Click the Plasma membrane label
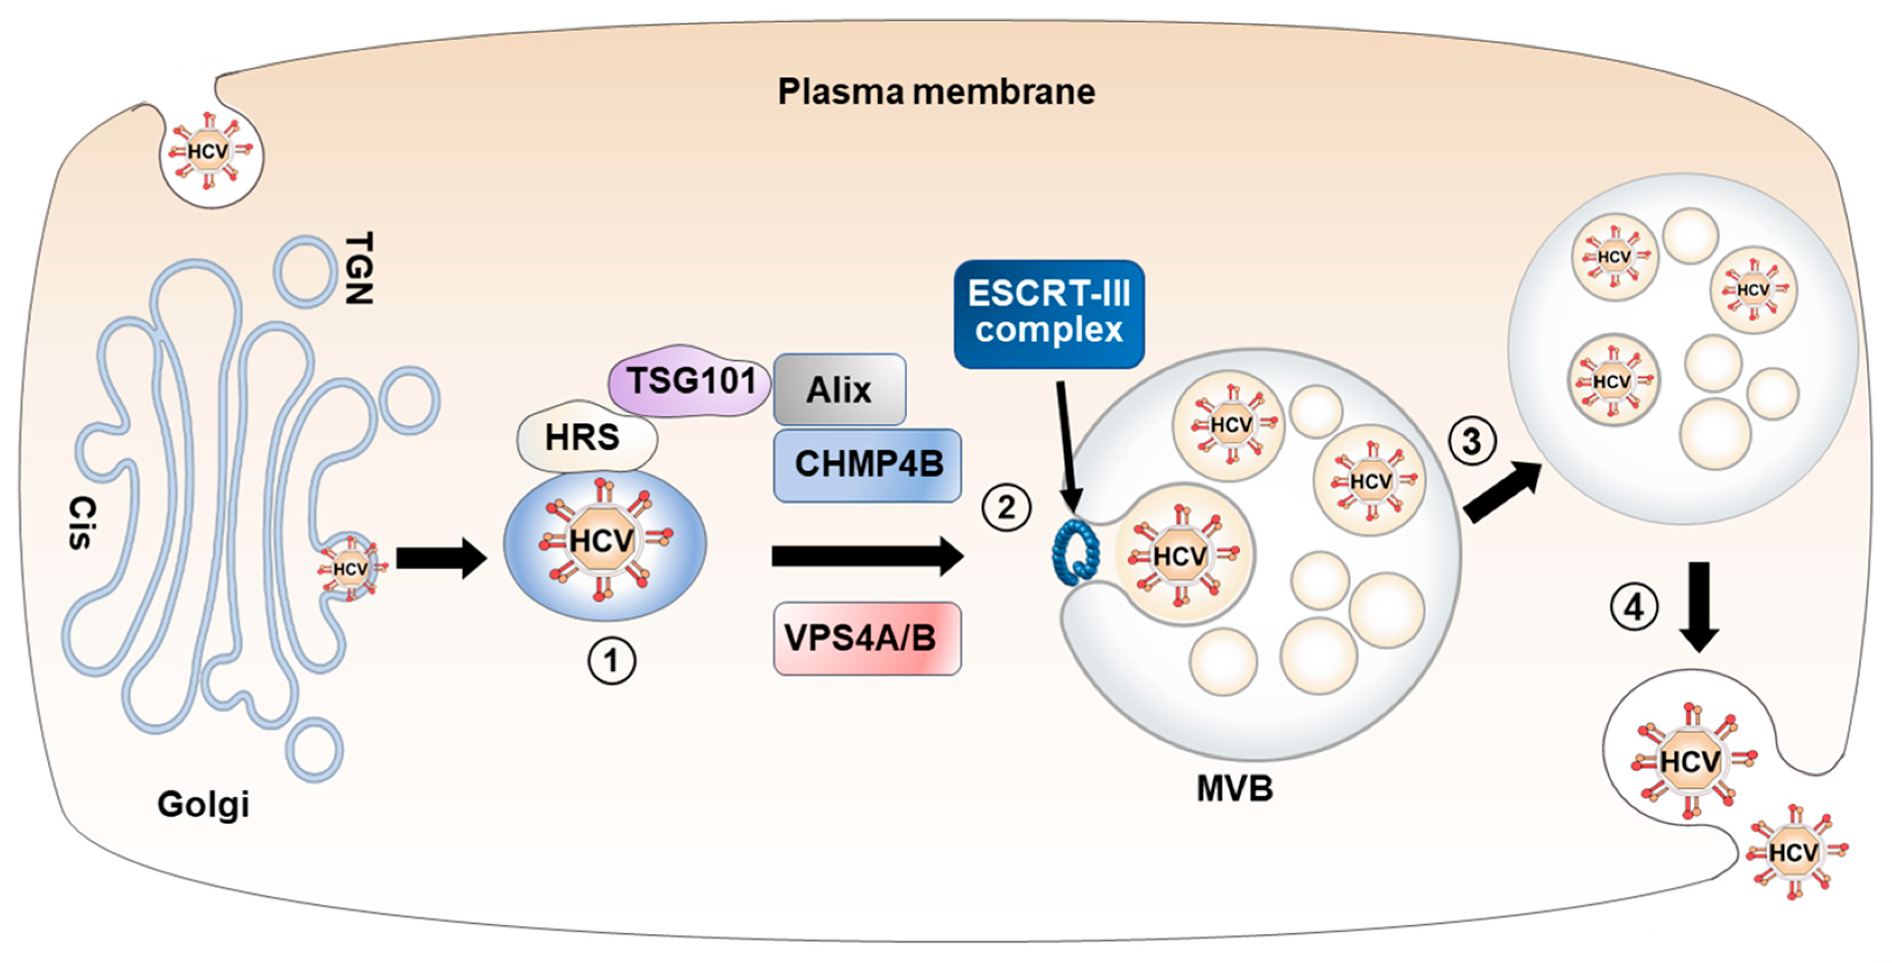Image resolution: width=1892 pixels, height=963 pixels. [x=936, y=92]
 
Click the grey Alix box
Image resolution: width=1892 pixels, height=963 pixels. [x=840, y=389]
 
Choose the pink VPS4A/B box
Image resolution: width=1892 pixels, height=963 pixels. [x=867, y=638]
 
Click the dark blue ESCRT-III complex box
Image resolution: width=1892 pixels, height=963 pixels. [x=1049, y=313]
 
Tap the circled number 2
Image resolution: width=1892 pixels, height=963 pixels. [x=1006, y=508]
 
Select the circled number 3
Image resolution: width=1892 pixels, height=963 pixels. [x=1472, y=441]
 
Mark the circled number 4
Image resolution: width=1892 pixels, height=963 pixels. [x=1634, y=607]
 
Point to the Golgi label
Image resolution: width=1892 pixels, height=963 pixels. [x=203, y=804]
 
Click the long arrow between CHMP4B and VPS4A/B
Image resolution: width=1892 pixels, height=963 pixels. [x=867, y=556]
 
